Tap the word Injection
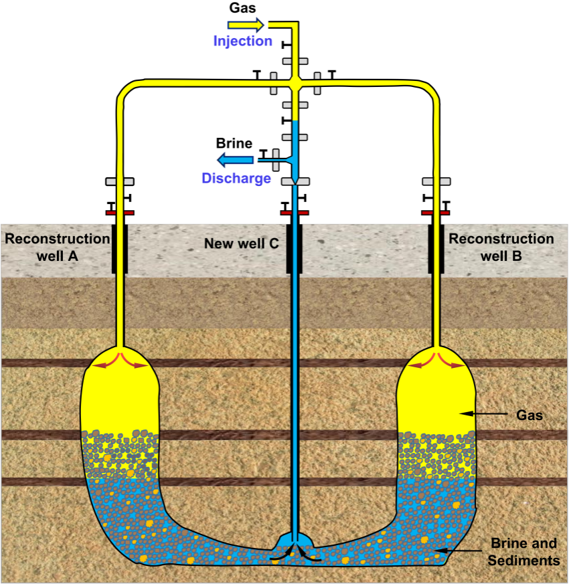click(242, 41)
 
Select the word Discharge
click(236, 178)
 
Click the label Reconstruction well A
click(57, 247)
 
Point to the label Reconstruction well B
click(501, 247)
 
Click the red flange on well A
click(120, 213)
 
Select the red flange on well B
click(436, 213)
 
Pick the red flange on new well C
click(294, 213)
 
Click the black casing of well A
click(120, 249)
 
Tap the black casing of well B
click(436, 249)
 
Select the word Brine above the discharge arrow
click(234, 143)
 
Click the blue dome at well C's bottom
click(294, 540)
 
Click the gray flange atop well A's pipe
click(120, 181)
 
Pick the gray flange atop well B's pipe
click(436, 181)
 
